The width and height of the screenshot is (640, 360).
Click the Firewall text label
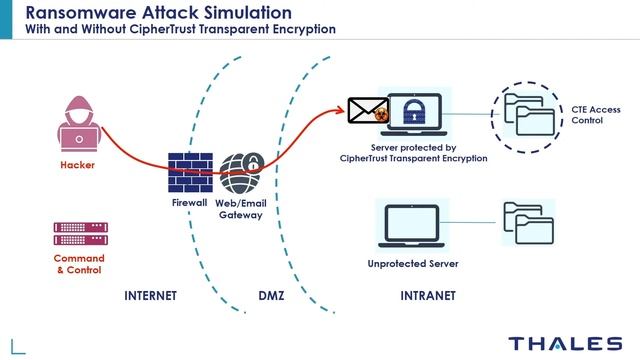(x=189, y=203)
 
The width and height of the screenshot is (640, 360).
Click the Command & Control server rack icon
(x=79, y=234)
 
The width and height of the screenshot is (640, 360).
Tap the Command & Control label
(x=78, y=264)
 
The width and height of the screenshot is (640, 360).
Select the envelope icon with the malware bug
(x=367, y=112)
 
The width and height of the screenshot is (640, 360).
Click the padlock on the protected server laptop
(x=415, y=113)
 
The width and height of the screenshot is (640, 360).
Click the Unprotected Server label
(x=407, y=264)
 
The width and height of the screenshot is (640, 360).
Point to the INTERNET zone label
(x=150, y=297)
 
